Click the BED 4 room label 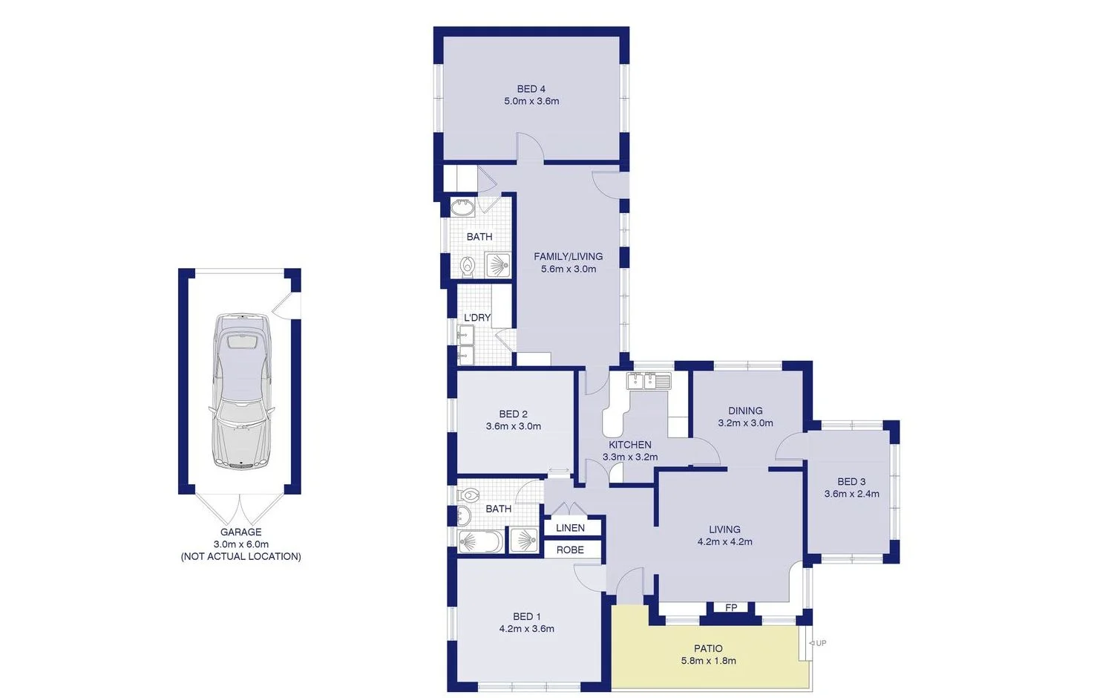click(531, 89)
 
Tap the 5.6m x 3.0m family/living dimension click(568, 269)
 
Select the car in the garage click(241, 391)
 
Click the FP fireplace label click(731, 607)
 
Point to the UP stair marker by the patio click(818, 643)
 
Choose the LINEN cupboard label click(570, 528)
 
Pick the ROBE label click(570, 550)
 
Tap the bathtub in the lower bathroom click(479, 541)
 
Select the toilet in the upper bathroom click(468, 265)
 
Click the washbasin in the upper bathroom click(462, 206)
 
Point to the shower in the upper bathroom click(497, 265)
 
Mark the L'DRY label click(477, 317)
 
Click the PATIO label click(708, 648)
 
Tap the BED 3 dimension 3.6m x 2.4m click(851, 494)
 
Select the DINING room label click(745, 411)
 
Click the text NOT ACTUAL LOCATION click(241, 556)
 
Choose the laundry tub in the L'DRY click(465, 345)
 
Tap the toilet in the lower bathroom click(469, 495)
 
